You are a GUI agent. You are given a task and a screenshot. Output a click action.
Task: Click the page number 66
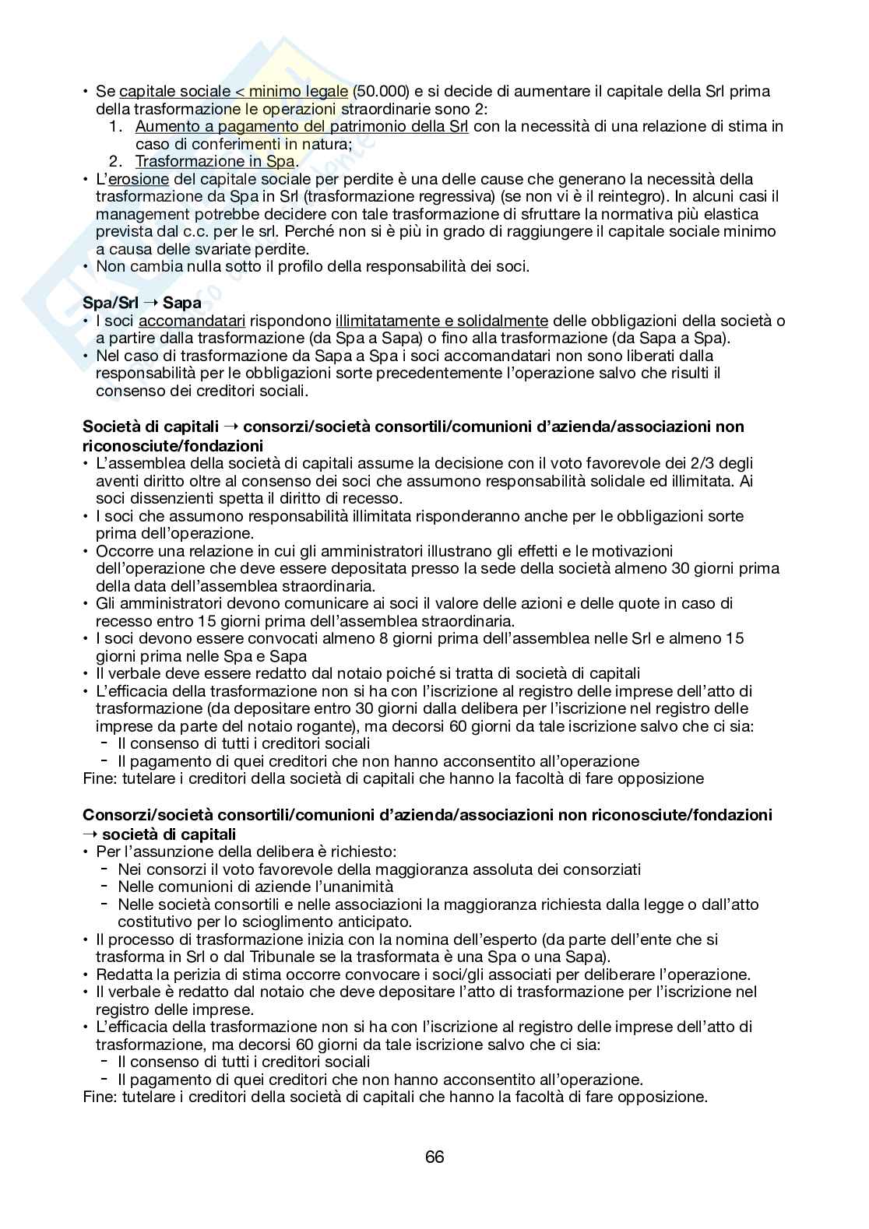(434, 1157)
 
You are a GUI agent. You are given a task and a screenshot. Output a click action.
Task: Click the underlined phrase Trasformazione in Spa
(214, 161)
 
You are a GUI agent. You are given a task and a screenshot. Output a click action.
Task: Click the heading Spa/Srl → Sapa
(142, 302)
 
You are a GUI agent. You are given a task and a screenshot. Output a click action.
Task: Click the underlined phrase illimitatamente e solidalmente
(442, 321)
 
